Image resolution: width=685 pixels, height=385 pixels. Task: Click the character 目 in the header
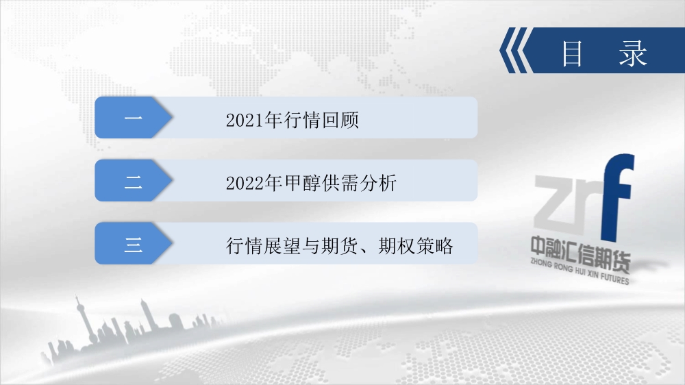click(572, 53)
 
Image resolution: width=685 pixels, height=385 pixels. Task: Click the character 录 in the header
click(632, 53)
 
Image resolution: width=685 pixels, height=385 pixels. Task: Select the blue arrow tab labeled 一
click(134, 118)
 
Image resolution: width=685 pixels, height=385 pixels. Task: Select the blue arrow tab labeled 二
click(134, 180)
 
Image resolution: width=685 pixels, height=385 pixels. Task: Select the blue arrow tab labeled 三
click(134, 243)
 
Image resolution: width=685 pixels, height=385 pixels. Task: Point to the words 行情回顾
click(321, 120)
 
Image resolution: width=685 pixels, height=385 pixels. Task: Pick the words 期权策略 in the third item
click(416, 246)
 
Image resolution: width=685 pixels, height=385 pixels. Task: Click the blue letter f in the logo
click(617, 197)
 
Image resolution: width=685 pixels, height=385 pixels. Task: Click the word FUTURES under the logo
click(614, 278)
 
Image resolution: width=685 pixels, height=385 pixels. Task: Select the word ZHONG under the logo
click(541, 263)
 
